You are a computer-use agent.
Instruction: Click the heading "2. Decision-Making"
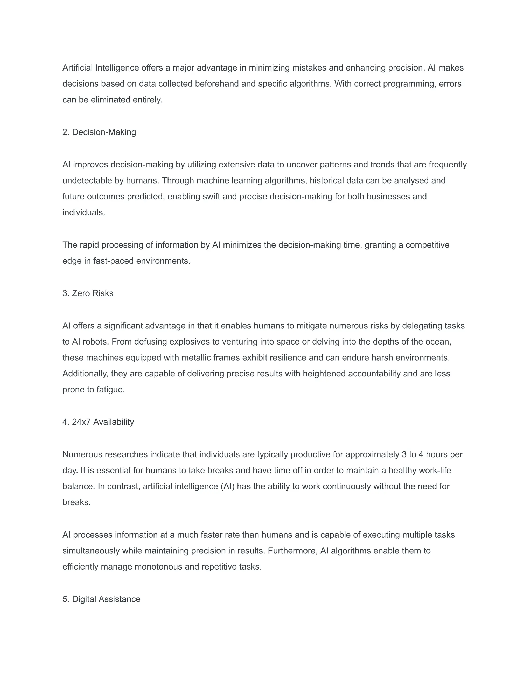click(99, 132)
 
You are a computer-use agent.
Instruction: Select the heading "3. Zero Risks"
click(88, 293)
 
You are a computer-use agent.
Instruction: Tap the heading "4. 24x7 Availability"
click(98, 422)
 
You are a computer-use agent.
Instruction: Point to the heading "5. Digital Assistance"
click(101, 599)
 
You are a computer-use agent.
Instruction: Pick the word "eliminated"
click(110, 100)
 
